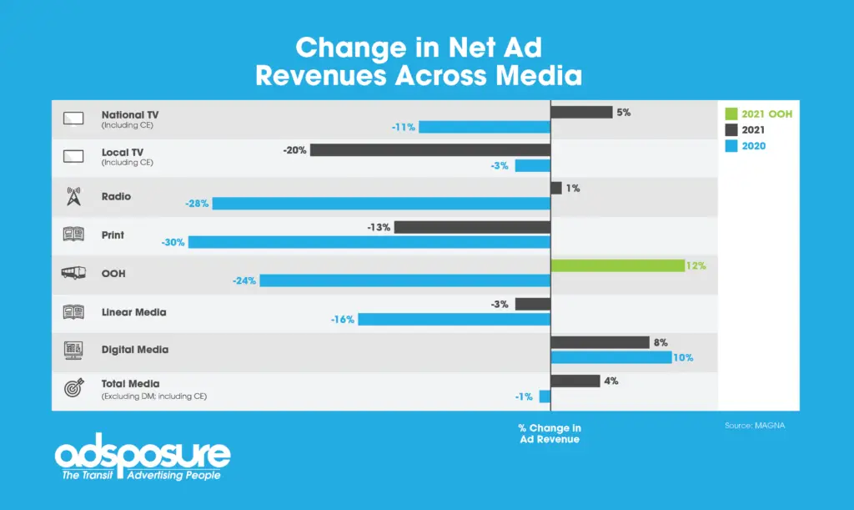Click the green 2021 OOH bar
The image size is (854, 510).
tap(618, 265)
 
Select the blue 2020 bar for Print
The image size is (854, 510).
tap(369, 242)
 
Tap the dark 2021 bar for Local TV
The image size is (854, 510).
tap(430, 150)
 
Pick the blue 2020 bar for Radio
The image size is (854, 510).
tap(381, 204)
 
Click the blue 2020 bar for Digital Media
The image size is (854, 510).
tap(610, 357)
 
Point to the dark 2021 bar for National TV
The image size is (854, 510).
tap(581, 112)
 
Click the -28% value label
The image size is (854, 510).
tap(197, 204)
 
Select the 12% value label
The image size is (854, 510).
tap(696, 265)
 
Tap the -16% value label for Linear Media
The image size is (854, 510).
tap(343, 319)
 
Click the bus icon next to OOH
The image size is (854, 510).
tap(73, 273)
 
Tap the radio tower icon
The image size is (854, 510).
tap(73, 196)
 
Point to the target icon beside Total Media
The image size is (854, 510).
tap(73, 388)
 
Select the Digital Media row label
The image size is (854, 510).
tap(134, 350)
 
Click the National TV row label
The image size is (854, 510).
tap(130, 114)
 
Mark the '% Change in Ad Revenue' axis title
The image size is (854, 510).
tap(549, 433)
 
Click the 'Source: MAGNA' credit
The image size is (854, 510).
tap(755, 426)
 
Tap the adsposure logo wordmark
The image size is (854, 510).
tap(142, 455)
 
